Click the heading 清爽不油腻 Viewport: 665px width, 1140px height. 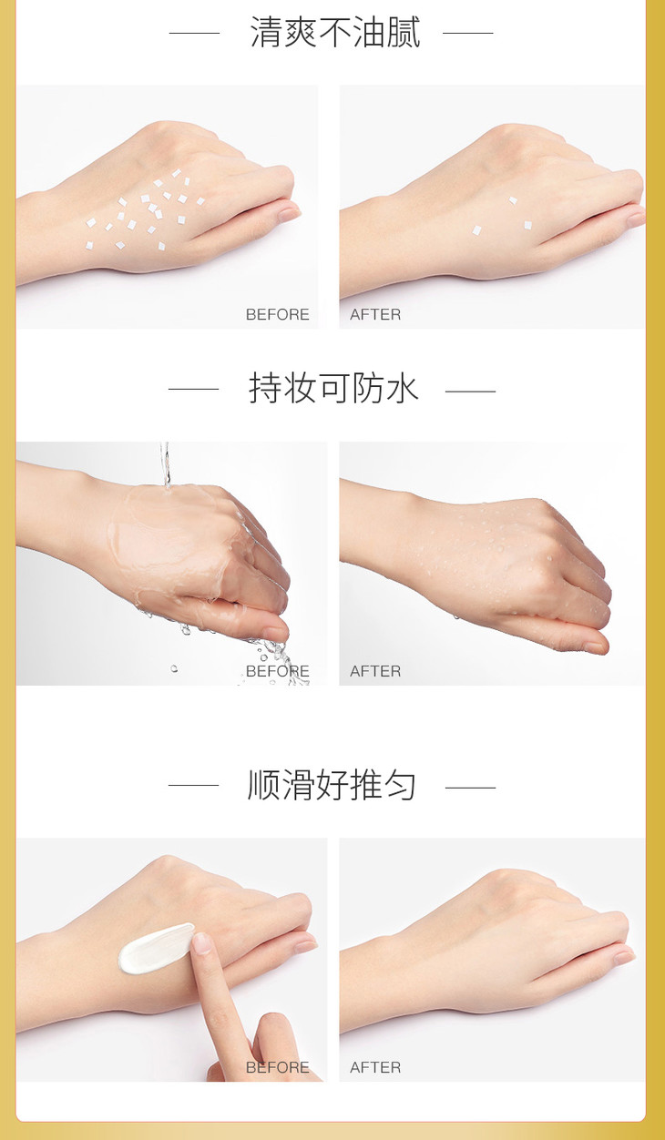point(335,33)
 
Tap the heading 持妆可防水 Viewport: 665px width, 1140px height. point(333,389)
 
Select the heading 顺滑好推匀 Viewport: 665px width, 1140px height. point(332,785)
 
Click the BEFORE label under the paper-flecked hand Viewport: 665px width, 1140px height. point(278,314)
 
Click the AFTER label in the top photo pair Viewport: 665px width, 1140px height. point(375,314)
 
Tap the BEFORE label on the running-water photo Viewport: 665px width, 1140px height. point(278,671)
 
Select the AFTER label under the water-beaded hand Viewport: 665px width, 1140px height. point(375,671)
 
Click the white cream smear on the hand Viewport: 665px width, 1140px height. point(153,948)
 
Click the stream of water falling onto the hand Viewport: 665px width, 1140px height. point(165,465)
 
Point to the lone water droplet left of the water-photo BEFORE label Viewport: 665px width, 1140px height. point(174,668)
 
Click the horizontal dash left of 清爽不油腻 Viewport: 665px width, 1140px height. point(194,33)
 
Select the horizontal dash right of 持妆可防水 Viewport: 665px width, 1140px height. point(470,392)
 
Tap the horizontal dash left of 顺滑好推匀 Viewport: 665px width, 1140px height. point(193,785)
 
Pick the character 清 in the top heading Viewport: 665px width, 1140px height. point(266,33)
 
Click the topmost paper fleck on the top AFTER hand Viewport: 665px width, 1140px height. point(513,200)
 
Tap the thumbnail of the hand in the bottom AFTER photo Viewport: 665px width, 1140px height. point(624,958)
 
